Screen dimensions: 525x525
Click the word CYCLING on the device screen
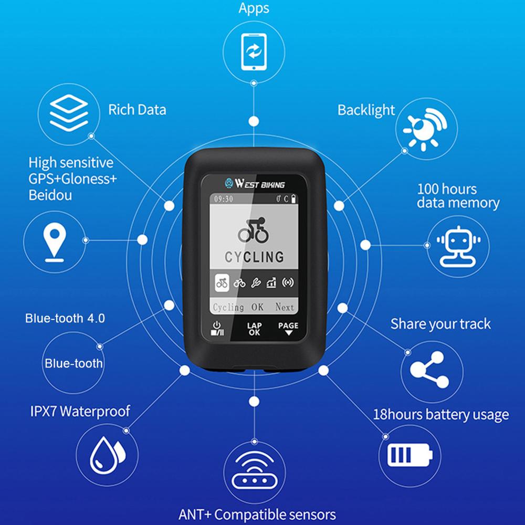255,257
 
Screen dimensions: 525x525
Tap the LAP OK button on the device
255,329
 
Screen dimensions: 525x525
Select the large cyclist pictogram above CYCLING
254,230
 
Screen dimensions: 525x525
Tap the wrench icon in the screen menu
255,282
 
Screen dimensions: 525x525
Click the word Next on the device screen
285,307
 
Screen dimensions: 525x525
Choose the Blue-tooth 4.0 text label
65,318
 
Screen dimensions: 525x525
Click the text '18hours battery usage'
440,415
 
